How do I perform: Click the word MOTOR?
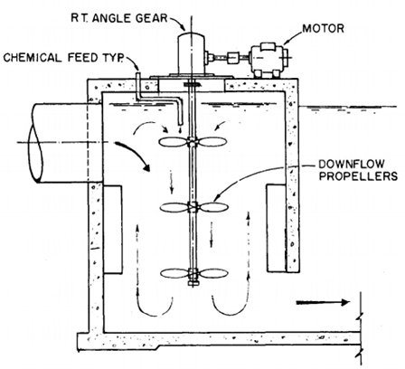[323, 29]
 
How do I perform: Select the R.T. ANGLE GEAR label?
[119, 18]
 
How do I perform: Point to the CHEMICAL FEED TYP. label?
[63, 57]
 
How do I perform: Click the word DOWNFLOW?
[352, 165]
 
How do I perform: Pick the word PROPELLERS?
[358, 176]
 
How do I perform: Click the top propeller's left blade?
[173, 142]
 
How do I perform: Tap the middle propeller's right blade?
[214, 207]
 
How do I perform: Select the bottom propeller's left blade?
[174, 273]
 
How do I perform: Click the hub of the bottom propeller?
[193, 273]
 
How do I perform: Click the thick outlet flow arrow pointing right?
[323, 302]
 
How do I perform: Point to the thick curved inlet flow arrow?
[135, 152]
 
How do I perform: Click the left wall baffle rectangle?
[112, 230]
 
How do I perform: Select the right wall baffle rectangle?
[276, 228]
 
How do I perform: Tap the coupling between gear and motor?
[232, 57]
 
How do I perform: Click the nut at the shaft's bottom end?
[193, 283]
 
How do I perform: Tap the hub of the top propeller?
[193, 142]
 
